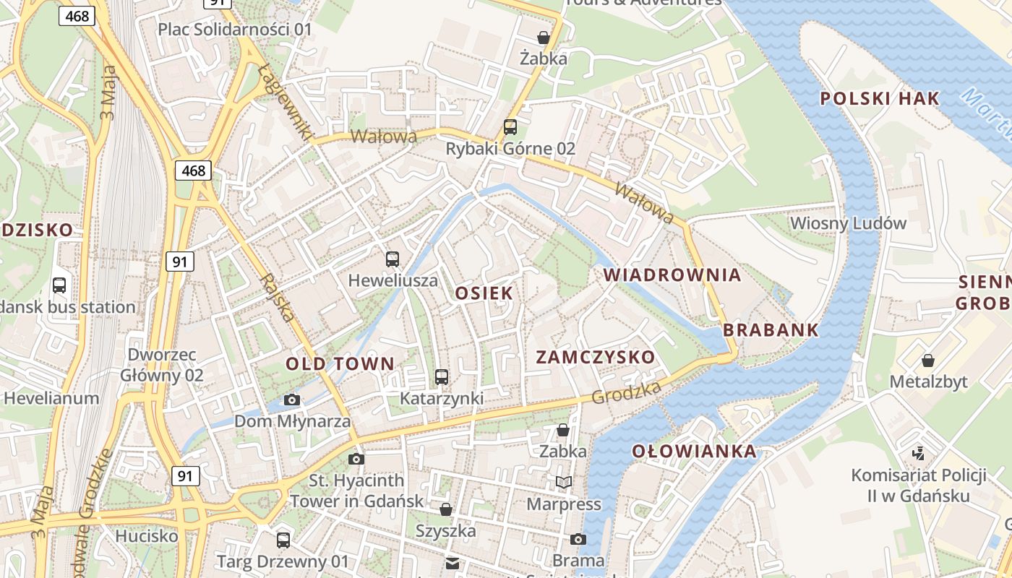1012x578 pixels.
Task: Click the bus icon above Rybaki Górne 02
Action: click(510, 127)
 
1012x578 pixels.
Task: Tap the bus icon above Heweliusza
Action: click(393, 259)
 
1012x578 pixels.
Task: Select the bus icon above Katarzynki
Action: click(441, 376)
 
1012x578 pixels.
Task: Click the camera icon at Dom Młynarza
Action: click(292, 400)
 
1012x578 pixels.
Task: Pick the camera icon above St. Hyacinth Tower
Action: click(356, 459)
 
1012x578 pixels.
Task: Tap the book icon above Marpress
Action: click(563, 482)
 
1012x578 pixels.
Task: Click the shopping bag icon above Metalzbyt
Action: click(927, 360)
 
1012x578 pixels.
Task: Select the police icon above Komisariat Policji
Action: click(918, 454)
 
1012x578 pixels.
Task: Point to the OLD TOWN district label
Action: click(340, 363)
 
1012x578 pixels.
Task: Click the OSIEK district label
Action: click(484, 293)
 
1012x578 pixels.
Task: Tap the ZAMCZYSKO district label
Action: click(595, 357)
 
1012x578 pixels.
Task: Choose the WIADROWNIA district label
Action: click(672, 275)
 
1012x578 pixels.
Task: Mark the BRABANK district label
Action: click(771, 330)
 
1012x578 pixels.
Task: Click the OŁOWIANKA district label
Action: click(695, 452)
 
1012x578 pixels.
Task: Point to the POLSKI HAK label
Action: click(880, 99)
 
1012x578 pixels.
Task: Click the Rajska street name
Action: click(278, 297)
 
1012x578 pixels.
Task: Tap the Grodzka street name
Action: click(626, 392)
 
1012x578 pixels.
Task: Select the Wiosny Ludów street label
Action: click(848, 223)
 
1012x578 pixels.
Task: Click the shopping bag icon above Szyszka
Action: click(446, 509)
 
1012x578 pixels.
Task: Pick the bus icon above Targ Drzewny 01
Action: click(283, 540)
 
